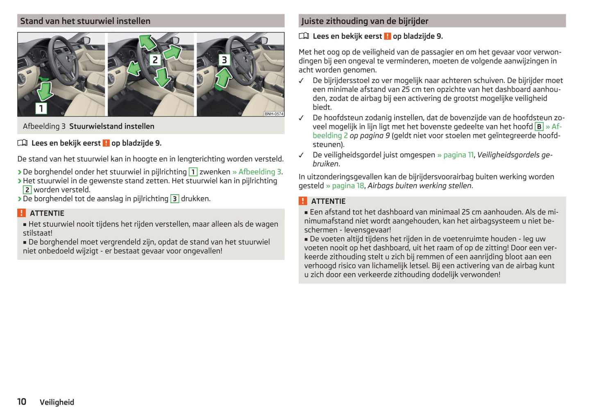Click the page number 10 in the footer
22,402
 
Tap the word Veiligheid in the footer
57,402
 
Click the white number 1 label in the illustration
41,108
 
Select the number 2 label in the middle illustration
155,60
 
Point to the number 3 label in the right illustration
224,60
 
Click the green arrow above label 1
44,90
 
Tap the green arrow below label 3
223,78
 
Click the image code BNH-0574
274,114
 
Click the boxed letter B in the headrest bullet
539,127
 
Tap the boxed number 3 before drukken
175,199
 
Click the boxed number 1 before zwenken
193,172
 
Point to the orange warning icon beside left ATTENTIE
21,213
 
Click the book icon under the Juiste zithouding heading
304,36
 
